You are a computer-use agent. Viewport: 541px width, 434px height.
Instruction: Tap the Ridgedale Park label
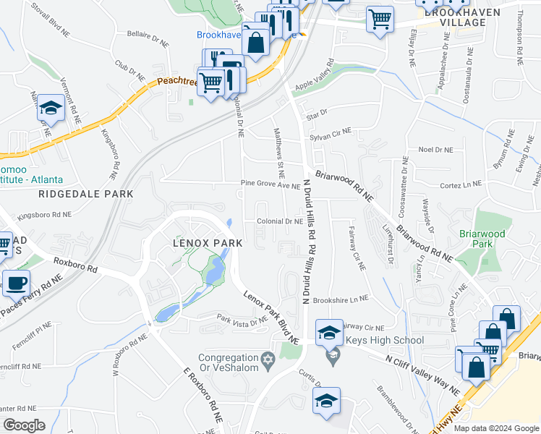86,194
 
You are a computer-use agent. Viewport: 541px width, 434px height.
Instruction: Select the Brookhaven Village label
455,17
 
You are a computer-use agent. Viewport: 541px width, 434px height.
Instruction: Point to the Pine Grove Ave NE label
270,185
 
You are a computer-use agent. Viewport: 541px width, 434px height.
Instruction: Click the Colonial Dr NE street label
278,221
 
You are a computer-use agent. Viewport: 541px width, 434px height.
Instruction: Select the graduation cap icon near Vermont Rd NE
51,109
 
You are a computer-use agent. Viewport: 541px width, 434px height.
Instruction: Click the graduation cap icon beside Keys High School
329,332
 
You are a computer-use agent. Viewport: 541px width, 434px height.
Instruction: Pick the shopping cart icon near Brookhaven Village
380,19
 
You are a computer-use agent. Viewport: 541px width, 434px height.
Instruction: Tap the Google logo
24,425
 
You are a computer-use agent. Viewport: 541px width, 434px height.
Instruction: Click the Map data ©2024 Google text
496,428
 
